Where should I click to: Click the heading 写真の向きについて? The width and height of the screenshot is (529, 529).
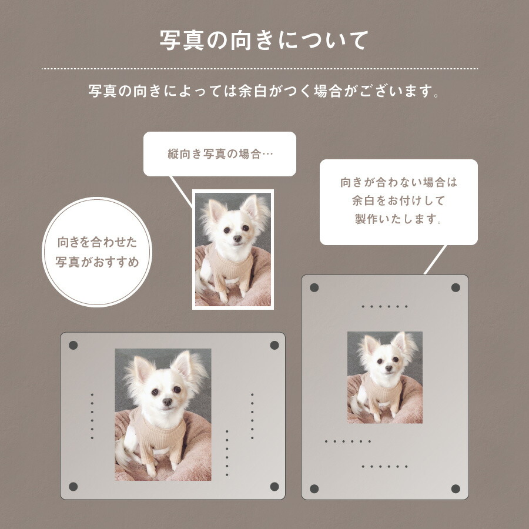pyautogui.click(x=264, y=40)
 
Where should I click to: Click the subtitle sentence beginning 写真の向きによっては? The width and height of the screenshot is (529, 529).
pyautogui.click(x=264, y=92)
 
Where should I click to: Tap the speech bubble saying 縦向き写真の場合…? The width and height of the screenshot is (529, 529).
pyautogui.click(x=220, y=154)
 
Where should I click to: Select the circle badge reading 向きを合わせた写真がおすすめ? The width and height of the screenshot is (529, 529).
pyautogui.click(x=98, y=252)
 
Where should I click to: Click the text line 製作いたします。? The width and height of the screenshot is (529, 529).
pyautogui.click(x=399, y=219)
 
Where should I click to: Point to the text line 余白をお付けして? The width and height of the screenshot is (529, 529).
pyautogui.click(x=399, y=201)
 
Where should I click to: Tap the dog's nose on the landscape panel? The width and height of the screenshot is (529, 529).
pyautogui.click(x=168, y=402)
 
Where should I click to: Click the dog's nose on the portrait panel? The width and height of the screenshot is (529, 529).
pyautogui.click(x=387, y=367)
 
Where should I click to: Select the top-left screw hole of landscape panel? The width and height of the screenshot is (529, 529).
pyautogui.click(x=73, y=345)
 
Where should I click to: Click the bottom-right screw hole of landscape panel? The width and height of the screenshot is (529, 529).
pyautogui.click(x=274, y=486)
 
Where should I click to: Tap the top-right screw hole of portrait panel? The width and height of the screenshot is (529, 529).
pyautogui.click(x=456, y=287)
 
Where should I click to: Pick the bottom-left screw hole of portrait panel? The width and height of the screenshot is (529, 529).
pyautogui.click(x=314, y=488)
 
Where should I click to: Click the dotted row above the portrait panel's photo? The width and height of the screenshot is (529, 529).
pyautogui.click(x=384, y=306)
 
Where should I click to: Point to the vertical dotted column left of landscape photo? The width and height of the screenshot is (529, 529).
pyautogui.click(x=92, y=416)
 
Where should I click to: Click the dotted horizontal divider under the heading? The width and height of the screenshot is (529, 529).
pyautogui.click(x=260, y=69)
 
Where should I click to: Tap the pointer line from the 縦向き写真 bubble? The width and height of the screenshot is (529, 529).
pyautogui.click(x=181, y=190)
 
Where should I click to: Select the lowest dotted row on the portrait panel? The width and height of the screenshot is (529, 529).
pyautogui.click(x=384, y=466)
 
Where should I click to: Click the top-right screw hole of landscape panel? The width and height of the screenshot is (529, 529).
pyautogui.click(x=274, y=345)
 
